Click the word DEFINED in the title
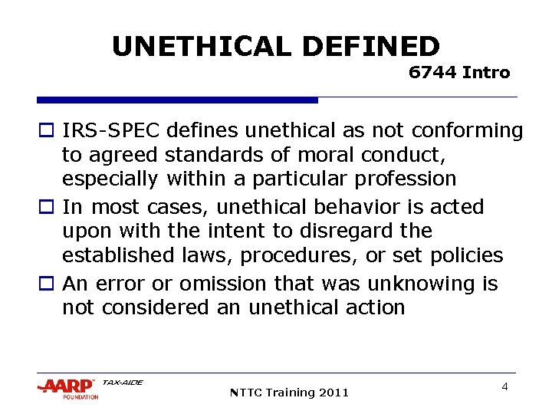tap(371, 47)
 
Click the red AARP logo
tap(67, 386)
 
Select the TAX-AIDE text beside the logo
tap(123, 382)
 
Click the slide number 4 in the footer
tap(504, 387)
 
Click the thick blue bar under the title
tap(177, 100)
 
